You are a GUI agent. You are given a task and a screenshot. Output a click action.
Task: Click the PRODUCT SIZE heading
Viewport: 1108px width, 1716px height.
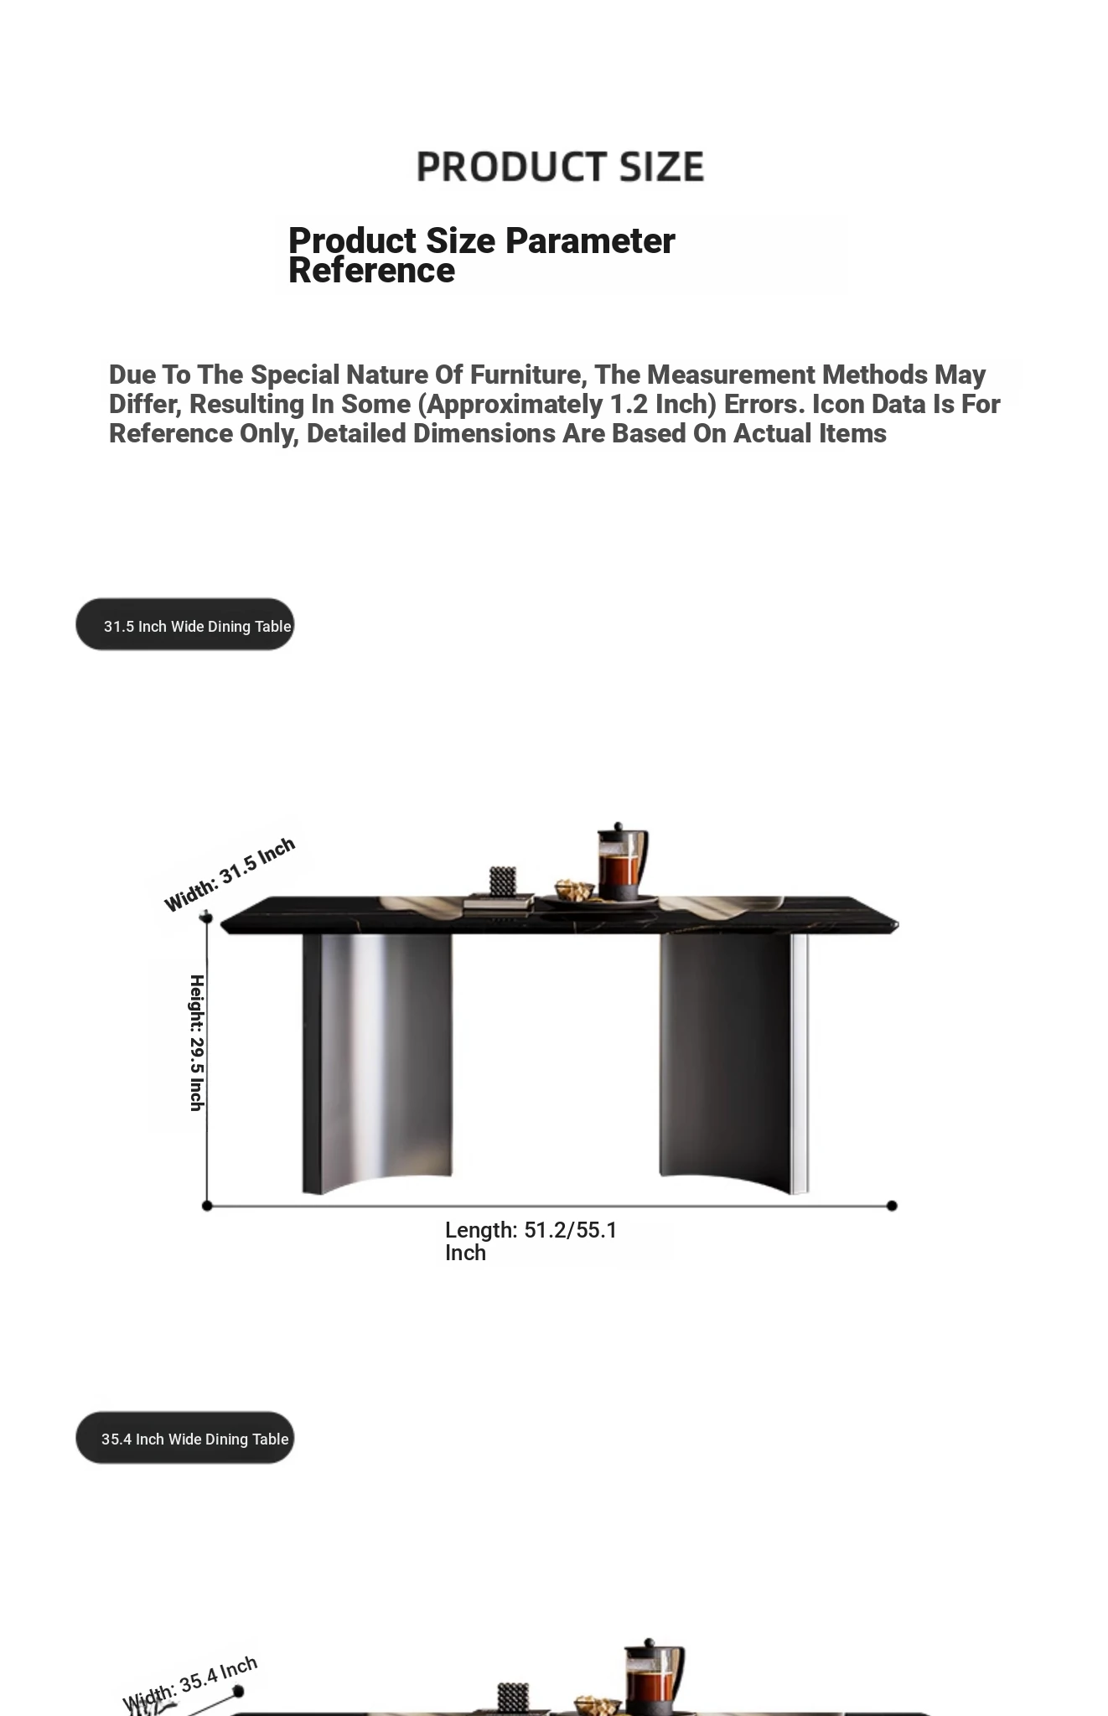point(560,167)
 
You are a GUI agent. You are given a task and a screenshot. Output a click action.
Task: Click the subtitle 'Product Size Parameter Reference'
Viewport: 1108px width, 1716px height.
point(481,255)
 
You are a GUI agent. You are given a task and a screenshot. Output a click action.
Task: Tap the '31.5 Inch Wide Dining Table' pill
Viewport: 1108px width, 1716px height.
point(185,625)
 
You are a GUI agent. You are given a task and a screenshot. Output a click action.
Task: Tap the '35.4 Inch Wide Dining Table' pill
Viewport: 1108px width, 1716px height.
point(185,1438)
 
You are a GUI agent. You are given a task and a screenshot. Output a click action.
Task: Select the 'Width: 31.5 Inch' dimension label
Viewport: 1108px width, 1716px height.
point(229,874)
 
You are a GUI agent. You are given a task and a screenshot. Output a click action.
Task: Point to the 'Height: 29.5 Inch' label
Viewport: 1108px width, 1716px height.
point(197,1042)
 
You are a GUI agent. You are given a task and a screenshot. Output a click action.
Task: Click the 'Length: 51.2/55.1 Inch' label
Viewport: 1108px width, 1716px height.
point(531,1241)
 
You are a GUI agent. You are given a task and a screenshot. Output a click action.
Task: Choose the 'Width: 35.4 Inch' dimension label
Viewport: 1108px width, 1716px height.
point(189,1682)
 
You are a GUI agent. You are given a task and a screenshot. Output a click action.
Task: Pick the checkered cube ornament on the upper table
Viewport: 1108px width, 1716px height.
point(502,881)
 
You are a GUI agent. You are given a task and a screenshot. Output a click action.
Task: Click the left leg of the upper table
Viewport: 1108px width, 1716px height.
point(377,1060)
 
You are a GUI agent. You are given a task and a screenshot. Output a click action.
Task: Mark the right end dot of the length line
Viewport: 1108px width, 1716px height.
point(892,1206)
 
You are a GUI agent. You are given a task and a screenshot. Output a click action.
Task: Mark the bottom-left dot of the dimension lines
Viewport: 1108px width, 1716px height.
point(207,1206)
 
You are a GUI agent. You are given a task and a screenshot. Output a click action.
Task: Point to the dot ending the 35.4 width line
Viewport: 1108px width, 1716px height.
point(238,1692)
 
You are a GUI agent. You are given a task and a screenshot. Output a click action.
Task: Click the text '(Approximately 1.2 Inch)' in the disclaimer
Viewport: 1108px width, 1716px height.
point(567,404)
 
